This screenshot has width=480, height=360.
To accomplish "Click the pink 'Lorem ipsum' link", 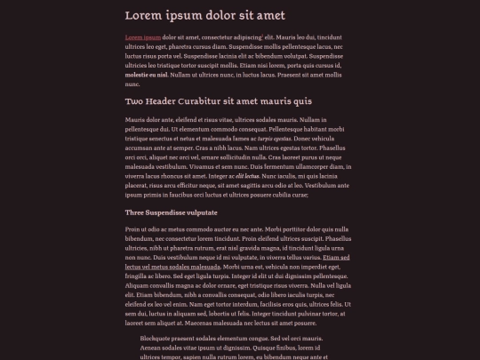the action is pyautogui.click(x=143, y=37).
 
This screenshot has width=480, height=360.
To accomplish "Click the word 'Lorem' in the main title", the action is pyautogui.click(x=144, y=16).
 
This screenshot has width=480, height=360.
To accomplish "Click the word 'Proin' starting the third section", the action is pyautogui.click(x=134, y=229).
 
